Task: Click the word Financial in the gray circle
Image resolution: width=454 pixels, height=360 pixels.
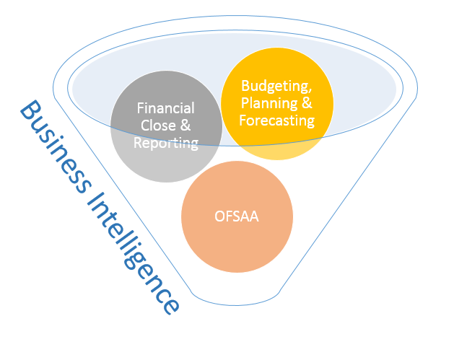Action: [x=165, y=108]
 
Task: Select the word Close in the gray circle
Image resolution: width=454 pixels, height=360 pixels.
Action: [x=158, y=126]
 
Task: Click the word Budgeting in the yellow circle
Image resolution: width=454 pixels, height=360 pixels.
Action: [x=275, y=86]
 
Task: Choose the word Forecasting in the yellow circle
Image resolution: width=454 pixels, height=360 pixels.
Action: [x=276, y=120]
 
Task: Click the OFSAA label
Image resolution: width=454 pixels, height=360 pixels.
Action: [x=237, y=216]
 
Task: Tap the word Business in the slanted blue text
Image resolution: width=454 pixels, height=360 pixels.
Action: [x=56, y=146]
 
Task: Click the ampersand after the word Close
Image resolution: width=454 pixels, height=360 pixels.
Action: [x=185, y=126]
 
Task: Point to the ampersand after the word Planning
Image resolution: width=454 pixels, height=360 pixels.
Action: [x=307, y=103]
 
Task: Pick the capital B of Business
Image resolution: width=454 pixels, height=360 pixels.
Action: [x=30, y=110]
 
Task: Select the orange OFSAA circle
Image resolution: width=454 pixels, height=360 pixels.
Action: [x=237, y=216]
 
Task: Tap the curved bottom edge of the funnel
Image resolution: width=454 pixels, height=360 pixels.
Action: [x=236, y=305]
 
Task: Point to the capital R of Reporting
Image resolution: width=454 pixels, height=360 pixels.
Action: [x=138, y=142]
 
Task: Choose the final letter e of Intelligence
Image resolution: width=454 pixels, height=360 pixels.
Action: [x=171, y=306]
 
